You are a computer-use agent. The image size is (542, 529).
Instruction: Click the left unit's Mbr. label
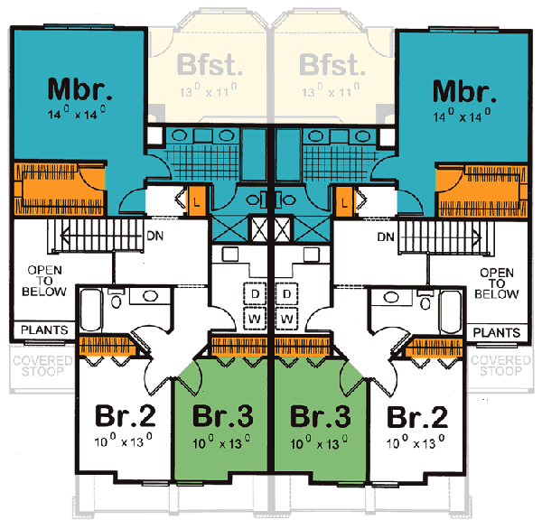80,90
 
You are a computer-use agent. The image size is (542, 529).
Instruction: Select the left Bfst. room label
210,66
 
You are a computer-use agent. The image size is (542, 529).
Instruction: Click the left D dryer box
256,295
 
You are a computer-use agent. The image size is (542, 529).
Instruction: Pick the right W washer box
287,320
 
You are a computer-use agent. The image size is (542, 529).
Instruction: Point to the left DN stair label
155,237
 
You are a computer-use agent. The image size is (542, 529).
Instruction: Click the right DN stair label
386,237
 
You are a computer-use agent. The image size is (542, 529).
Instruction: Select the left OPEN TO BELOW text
46,281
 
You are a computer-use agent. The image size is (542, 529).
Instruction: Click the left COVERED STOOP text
37,366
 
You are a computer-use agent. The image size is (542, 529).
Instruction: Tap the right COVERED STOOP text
504,366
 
